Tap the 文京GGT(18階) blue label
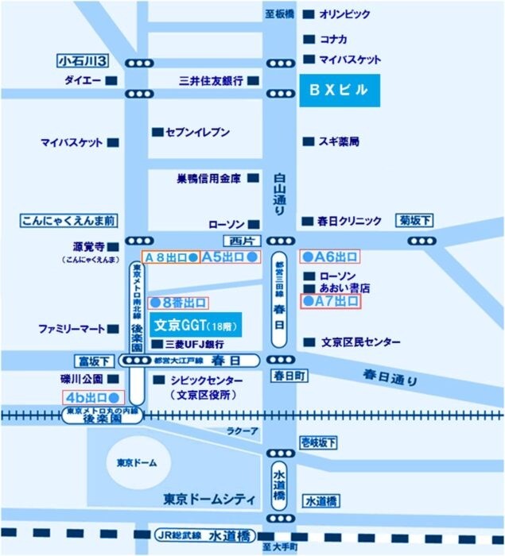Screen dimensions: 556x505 tap(196, 326)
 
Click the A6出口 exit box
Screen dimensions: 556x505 tap(329, 256)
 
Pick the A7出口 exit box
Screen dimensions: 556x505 tap(329, 301)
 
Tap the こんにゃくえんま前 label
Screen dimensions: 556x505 tap(69, 220)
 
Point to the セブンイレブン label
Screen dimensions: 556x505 tap(197, 131)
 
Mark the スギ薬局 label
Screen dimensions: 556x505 tap(340, 141)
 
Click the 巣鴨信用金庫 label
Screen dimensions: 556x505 tap(208, 179)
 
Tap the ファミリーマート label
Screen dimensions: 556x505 tap(72, 328)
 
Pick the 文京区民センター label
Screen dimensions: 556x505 tap(361, 342)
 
